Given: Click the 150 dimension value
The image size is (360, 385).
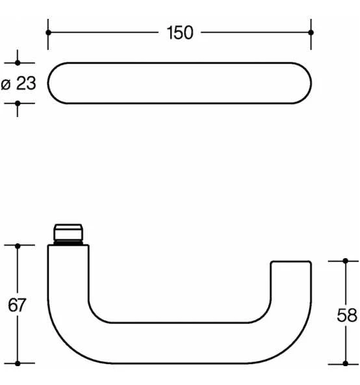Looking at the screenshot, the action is coord(180,33).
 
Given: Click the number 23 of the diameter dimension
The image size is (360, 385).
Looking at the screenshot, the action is coord(26,83).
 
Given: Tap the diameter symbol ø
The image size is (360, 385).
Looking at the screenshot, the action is coord(6,85).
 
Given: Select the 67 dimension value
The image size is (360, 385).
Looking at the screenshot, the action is coord(17,305).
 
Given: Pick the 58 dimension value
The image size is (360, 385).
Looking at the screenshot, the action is coord(347,315).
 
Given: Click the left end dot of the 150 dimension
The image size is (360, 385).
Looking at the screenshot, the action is coord(48,33).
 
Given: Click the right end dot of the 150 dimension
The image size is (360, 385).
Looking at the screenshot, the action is coord(311,33).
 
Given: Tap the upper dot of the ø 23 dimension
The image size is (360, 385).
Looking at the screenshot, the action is coord(18,63).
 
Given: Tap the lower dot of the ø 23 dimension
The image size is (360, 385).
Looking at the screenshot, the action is coord(18,103).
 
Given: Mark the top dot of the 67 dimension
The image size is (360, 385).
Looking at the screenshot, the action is coord(18,246).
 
